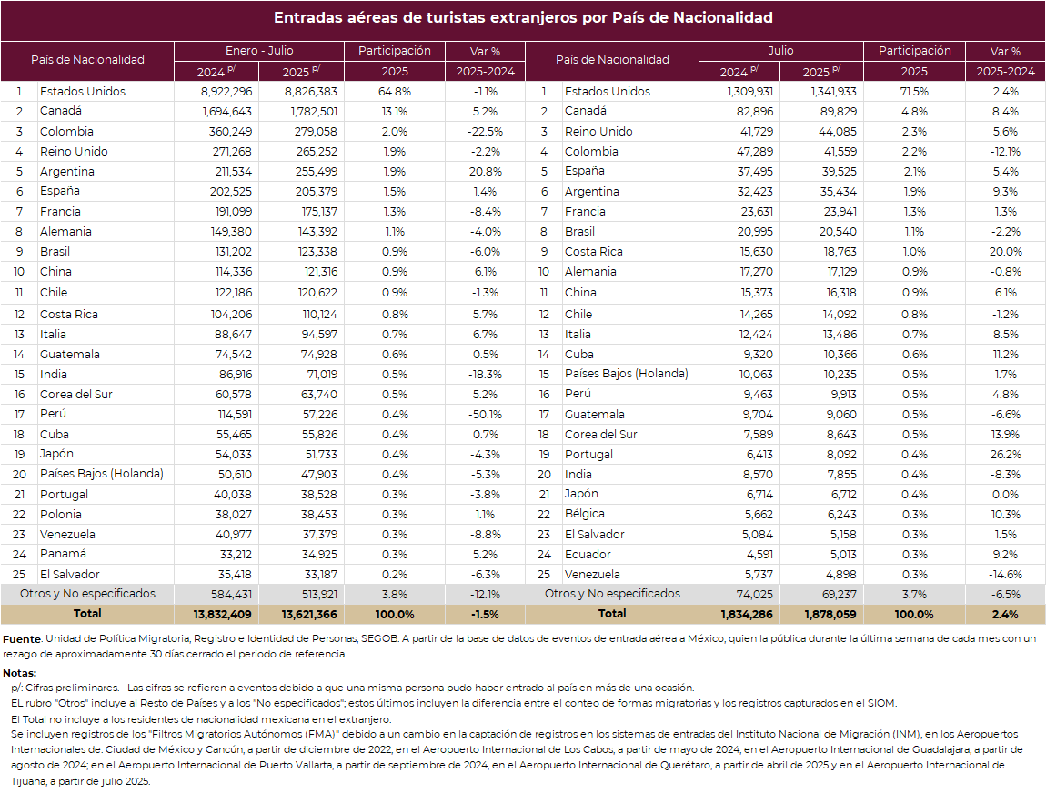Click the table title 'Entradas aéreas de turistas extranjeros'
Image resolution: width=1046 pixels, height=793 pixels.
(x=425, y=18)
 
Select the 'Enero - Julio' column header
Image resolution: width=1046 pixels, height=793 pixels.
(x=259, y=51)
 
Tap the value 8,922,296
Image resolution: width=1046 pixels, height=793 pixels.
(x=226, y=92)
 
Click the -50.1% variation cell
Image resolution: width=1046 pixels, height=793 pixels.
(x=485, y=415)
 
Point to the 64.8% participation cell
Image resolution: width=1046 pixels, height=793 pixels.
(x=395, y=92)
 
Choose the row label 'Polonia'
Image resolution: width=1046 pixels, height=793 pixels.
(x=61, y=515)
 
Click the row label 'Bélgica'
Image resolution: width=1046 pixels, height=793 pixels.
(x=584, y=514)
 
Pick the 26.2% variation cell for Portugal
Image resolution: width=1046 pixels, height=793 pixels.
(x=1005, y=455)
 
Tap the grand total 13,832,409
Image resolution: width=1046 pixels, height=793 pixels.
(x=222, y=615)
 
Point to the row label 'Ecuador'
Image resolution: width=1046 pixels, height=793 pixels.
(x=588, y=555)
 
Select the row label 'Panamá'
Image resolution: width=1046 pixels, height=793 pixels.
(x=63, y=554)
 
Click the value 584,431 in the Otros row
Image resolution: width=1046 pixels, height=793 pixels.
(x=231, y=595)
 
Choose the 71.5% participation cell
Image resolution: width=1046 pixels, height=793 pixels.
(x=915, y=92)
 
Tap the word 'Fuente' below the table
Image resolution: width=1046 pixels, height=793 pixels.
(x=22, y=639)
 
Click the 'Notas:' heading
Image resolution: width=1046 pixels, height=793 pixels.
(x=20, y=674)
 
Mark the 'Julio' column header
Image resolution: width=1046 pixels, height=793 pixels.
(x=780, y=51)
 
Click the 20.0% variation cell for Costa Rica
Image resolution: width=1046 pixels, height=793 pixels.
(x=1005, y=252)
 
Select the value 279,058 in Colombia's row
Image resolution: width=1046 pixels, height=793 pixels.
(x=316, y=132)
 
